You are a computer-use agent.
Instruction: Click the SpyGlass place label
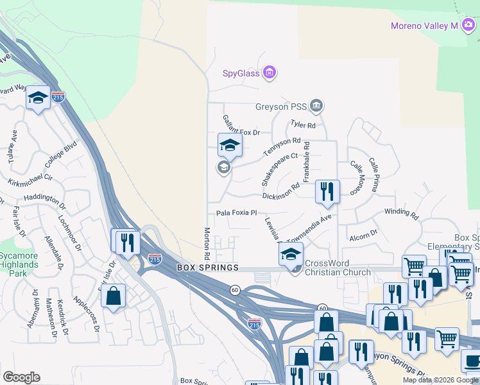(241, 73)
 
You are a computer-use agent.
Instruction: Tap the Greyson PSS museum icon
(316, 105)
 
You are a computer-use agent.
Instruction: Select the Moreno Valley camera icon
(469, 25)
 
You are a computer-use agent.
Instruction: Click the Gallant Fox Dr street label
(241, 126)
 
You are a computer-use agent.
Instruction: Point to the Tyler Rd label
(303, 124)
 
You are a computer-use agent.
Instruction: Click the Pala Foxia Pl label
(236, 212)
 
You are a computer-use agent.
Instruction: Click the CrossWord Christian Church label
(338, 268)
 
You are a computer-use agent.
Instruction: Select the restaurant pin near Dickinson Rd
(327, 191)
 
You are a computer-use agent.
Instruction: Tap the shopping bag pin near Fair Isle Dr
(113, 296)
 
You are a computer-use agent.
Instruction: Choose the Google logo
(21, 377)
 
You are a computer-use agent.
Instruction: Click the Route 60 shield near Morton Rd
(235, 290)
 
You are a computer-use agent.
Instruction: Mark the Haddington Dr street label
(46, 200)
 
